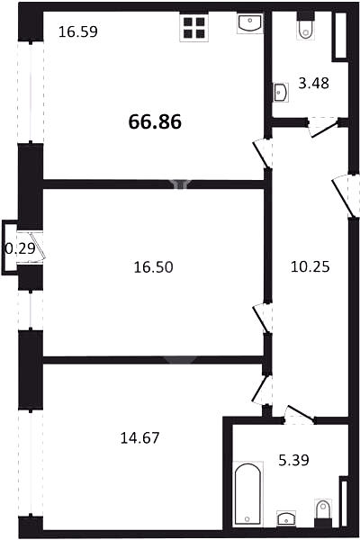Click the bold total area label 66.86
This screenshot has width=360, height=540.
point(155,121)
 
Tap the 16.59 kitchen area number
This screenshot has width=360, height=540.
point(78,31)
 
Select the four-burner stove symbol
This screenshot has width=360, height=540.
point(194,28)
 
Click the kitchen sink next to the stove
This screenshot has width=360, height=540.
point(250,23)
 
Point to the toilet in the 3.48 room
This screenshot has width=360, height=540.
point(306,25)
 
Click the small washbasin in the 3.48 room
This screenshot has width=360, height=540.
point(281,93)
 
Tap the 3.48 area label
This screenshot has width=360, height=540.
point(313,83)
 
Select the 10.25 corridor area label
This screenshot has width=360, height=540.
point(310,266)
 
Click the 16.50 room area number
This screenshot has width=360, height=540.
point(153,267)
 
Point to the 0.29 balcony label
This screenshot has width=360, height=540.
point(21,248)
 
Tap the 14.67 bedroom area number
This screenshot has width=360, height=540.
point(139,438)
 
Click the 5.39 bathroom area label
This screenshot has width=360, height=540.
point(293,460)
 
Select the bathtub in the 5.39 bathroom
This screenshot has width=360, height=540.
point(247,494)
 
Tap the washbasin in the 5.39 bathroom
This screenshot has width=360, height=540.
point(286,517)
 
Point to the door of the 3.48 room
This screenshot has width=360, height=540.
point(323,127)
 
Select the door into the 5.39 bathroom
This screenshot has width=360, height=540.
point(299,415)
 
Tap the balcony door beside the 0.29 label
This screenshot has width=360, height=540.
point(36,246)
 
